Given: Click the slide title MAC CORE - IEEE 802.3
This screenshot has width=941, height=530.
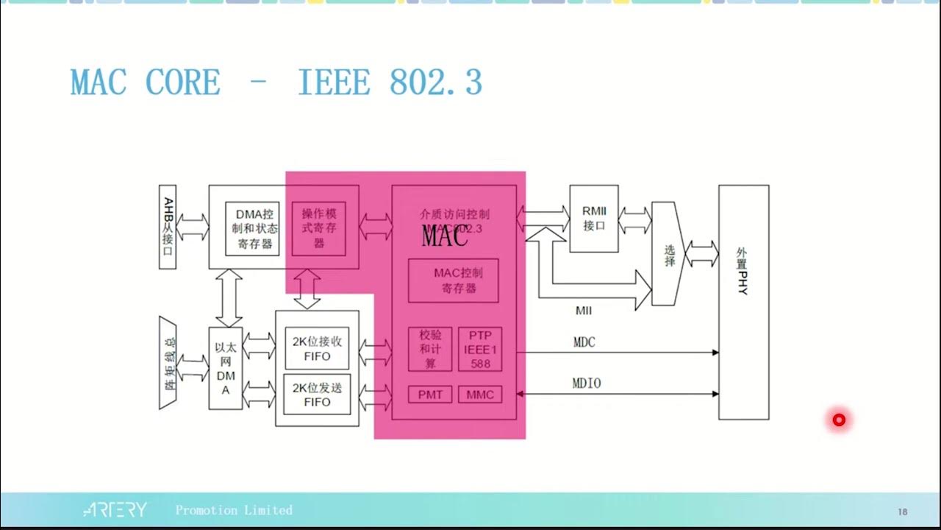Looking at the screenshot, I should click(x=276, y=82).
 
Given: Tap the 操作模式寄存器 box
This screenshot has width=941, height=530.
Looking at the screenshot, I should click(x=318, y=228).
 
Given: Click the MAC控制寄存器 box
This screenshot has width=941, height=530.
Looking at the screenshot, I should click(x=454, y=280).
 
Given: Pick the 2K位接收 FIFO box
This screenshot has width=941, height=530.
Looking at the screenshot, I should click(x=317, y=350).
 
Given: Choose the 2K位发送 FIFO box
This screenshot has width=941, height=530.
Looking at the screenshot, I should click(x=317, y=395).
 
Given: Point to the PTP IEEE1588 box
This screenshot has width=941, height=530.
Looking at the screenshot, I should click(x=480, y=350).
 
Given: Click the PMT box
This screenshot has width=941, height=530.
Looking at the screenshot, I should click(x=430, y=395).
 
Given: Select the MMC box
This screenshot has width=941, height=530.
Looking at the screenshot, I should click(x=480, y=395).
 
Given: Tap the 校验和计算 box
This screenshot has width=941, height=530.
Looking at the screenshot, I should click(x=430, y=350).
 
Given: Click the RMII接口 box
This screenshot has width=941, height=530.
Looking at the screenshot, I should click(x=594, y=219).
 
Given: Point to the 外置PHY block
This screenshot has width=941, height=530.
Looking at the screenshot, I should click(x=743, y=302).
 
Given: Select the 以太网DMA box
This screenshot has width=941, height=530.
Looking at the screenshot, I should click(x=226, y=368).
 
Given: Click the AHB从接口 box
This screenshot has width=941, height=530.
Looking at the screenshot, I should click(x=168, y=226).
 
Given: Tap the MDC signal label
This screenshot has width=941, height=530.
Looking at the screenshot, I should click(x=584, y=342).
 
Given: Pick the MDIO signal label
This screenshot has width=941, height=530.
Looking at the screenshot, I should click(x=586, y=384).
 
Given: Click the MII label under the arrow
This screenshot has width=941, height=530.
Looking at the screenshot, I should click(x=584, y=311).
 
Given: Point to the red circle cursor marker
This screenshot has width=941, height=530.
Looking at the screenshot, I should click(x=839, y=420).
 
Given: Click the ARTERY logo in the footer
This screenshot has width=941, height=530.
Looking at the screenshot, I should click(x=115, y=510).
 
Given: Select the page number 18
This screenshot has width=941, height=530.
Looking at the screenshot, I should click(x=902, y=512).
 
